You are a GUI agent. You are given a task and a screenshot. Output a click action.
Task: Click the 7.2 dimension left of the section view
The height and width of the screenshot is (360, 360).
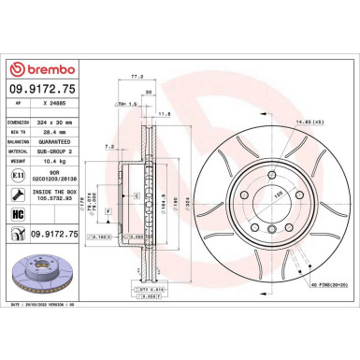[109, 147]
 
